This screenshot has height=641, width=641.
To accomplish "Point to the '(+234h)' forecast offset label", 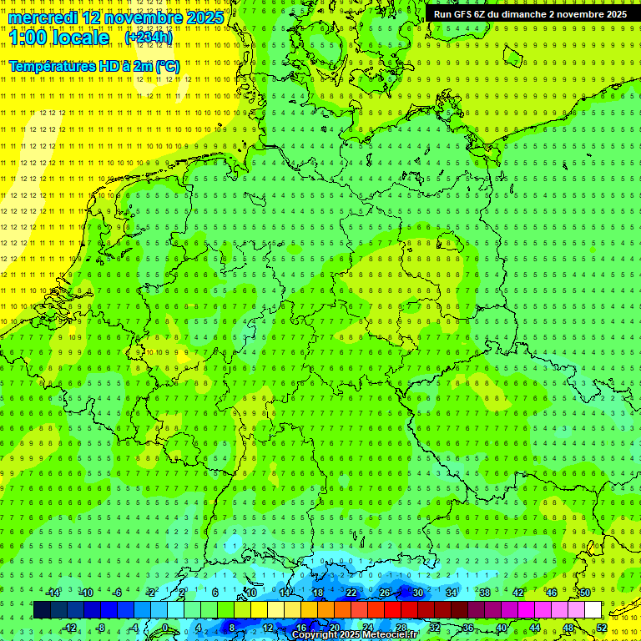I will tap(149, 38).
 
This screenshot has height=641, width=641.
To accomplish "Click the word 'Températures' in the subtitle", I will tap(55, 66).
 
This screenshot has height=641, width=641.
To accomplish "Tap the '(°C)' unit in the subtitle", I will tap(166, 66).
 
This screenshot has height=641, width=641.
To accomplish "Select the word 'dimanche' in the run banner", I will tap(523, 14).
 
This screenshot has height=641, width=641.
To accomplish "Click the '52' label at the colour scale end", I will tap(602, 628).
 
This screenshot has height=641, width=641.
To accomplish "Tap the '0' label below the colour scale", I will tap(164, 628).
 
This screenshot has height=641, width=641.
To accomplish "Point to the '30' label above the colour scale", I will tap(418, 593).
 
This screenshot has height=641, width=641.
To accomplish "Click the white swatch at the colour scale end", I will tap(593, 610).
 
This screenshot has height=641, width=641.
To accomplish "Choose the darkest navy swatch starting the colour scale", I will tap(42, 610).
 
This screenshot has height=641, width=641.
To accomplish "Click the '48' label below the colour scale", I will tap(568, 628).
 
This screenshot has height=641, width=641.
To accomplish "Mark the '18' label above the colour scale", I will tap(318, 593).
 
